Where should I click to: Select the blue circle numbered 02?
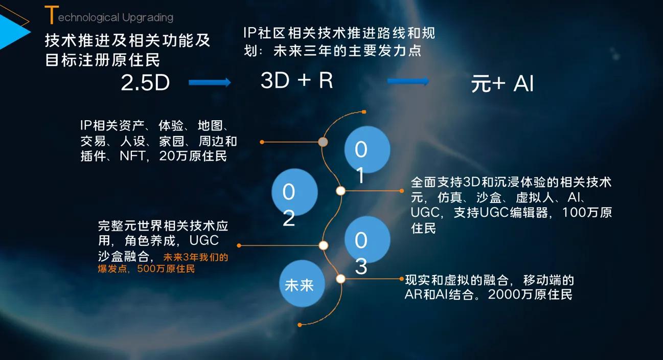294,192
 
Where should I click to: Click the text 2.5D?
145,83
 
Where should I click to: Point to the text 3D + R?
297,81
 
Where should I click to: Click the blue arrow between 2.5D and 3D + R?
210,82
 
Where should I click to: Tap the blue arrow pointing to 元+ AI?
408,81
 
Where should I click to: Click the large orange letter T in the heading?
50,15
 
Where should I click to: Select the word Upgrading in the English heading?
148,18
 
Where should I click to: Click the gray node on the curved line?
323,142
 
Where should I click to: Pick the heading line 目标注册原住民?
103,60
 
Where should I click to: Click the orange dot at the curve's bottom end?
300,324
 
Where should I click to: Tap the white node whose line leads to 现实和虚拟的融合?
341,279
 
